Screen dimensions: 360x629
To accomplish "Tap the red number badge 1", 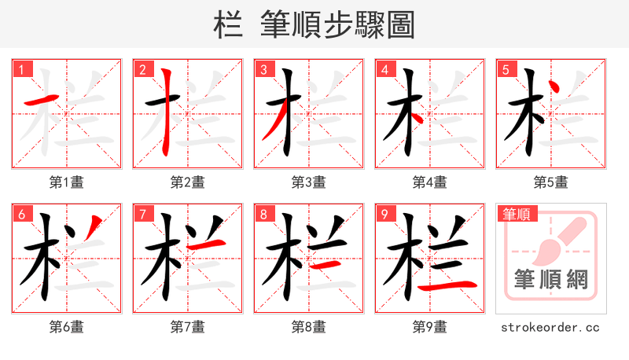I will coord(21,70).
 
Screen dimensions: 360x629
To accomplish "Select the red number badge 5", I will coord(506,70).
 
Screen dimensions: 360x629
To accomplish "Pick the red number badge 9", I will coord(384,215).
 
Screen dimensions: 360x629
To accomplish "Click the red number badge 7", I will coord(142,215).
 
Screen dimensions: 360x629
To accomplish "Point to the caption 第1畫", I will coord(66,182).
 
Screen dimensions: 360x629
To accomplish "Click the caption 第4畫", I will coord(429,182).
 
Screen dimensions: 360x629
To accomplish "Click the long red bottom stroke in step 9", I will coord(447,286).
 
